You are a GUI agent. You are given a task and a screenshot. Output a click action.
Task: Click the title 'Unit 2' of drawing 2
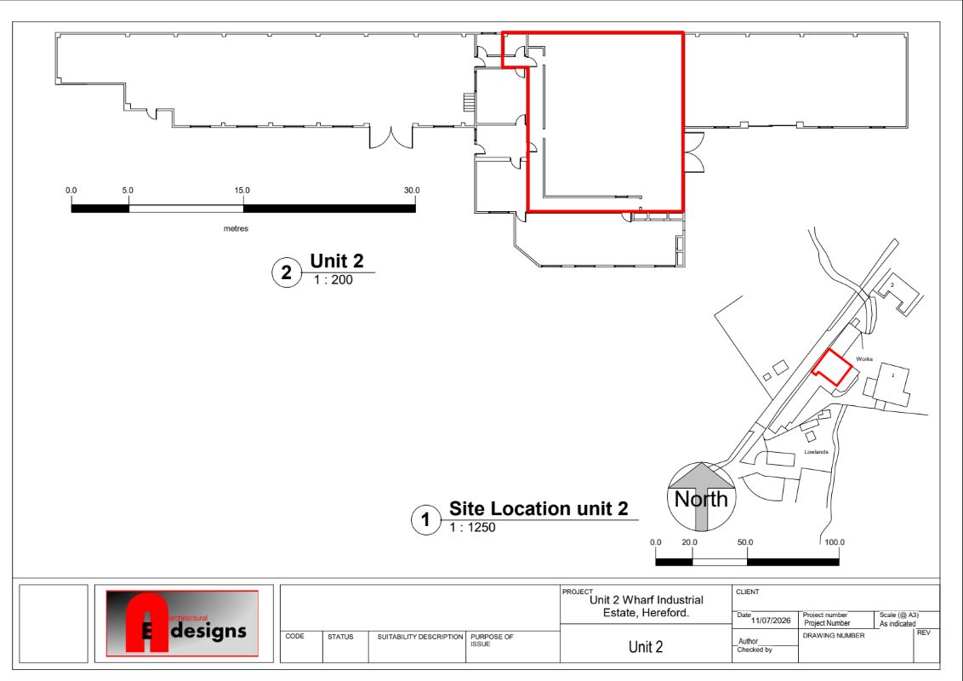[337, 260]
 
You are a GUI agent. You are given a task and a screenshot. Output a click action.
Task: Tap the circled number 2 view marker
[286, 272]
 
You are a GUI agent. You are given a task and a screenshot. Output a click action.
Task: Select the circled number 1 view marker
[425, 520]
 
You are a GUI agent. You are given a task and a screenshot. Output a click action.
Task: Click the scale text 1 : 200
[333, 280]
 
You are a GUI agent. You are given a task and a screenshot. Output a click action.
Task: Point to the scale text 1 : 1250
[471, 527]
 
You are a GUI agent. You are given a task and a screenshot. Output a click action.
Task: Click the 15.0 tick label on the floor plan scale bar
[242, 191]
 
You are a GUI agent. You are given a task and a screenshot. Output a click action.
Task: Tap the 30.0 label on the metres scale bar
[412, 191]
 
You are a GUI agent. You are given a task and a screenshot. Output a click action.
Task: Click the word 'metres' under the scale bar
[236, 229]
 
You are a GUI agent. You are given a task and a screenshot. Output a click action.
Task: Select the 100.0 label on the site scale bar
[834, 542]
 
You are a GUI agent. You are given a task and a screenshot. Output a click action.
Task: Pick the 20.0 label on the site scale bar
[689, 542]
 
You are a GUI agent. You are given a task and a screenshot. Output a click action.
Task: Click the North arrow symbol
[701, 496]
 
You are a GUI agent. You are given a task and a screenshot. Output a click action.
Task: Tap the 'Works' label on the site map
[864, 359]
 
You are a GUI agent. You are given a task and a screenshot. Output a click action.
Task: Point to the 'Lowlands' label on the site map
[816, 452]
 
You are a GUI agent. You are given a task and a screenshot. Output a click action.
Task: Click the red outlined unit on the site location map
[832, 367]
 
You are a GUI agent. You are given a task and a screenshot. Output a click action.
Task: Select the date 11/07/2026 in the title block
[771, 621]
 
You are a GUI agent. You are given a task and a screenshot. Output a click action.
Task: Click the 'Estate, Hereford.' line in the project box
[646, 613]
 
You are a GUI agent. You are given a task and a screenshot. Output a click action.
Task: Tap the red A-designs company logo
[182, 623]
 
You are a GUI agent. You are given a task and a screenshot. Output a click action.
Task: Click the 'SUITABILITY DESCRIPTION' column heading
[420, 637]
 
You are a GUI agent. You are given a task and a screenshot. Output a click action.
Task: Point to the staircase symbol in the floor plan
[470, 102]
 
